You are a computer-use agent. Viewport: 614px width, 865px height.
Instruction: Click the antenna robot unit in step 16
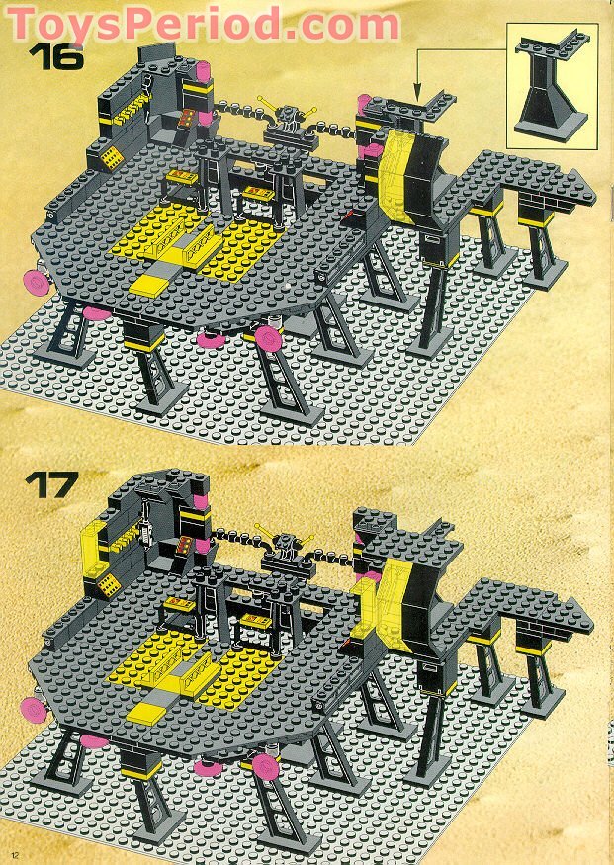pos(288,122)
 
